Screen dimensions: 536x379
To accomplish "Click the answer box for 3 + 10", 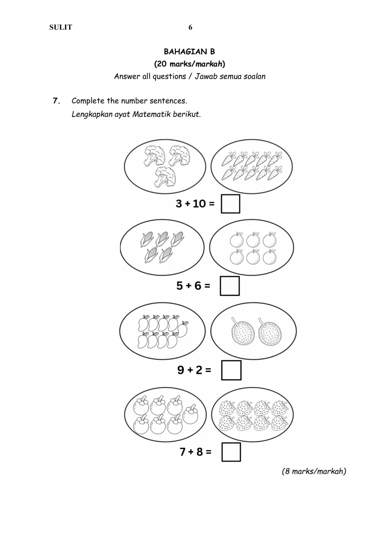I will click(231, 204).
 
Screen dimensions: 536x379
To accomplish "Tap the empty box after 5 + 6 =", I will click(230, 286).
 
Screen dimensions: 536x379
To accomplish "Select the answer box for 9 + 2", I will click(231, 370).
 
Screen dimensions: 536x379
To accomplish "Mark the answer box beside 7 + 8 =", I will click(231, 452).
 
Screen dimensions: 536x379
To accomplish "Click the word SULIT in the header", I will click(61, 27).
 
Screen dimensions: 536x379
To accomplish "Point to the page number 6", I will click(190, 27).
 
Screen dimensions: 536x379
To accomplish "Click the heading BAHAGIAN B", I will click(189, 52).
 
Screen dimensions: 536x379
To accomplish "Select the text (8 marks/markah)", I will click(314, 472).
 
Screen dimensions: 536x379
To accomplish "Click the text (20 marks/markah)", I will click(189, 64).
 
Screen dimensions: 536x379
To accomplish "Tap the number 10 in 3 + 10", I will click(199, 204).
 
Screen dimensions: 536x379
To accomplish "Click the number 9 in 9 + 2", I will click(181, 370).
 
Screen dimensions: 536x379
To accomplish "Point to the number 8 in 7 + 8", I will click(200, 452).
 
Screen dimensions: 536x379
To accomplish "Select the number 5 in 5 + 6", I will click(180, 286).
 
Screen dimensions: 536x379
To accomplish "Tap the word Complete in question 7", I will click(88, 101).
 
